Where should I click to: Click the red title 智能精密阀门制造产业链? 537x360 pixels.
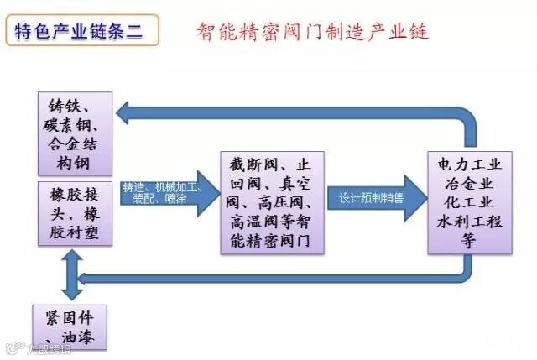pos(312,33)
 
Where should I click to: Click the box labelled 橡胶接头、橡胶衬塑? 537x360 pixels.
pos(75,212)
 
